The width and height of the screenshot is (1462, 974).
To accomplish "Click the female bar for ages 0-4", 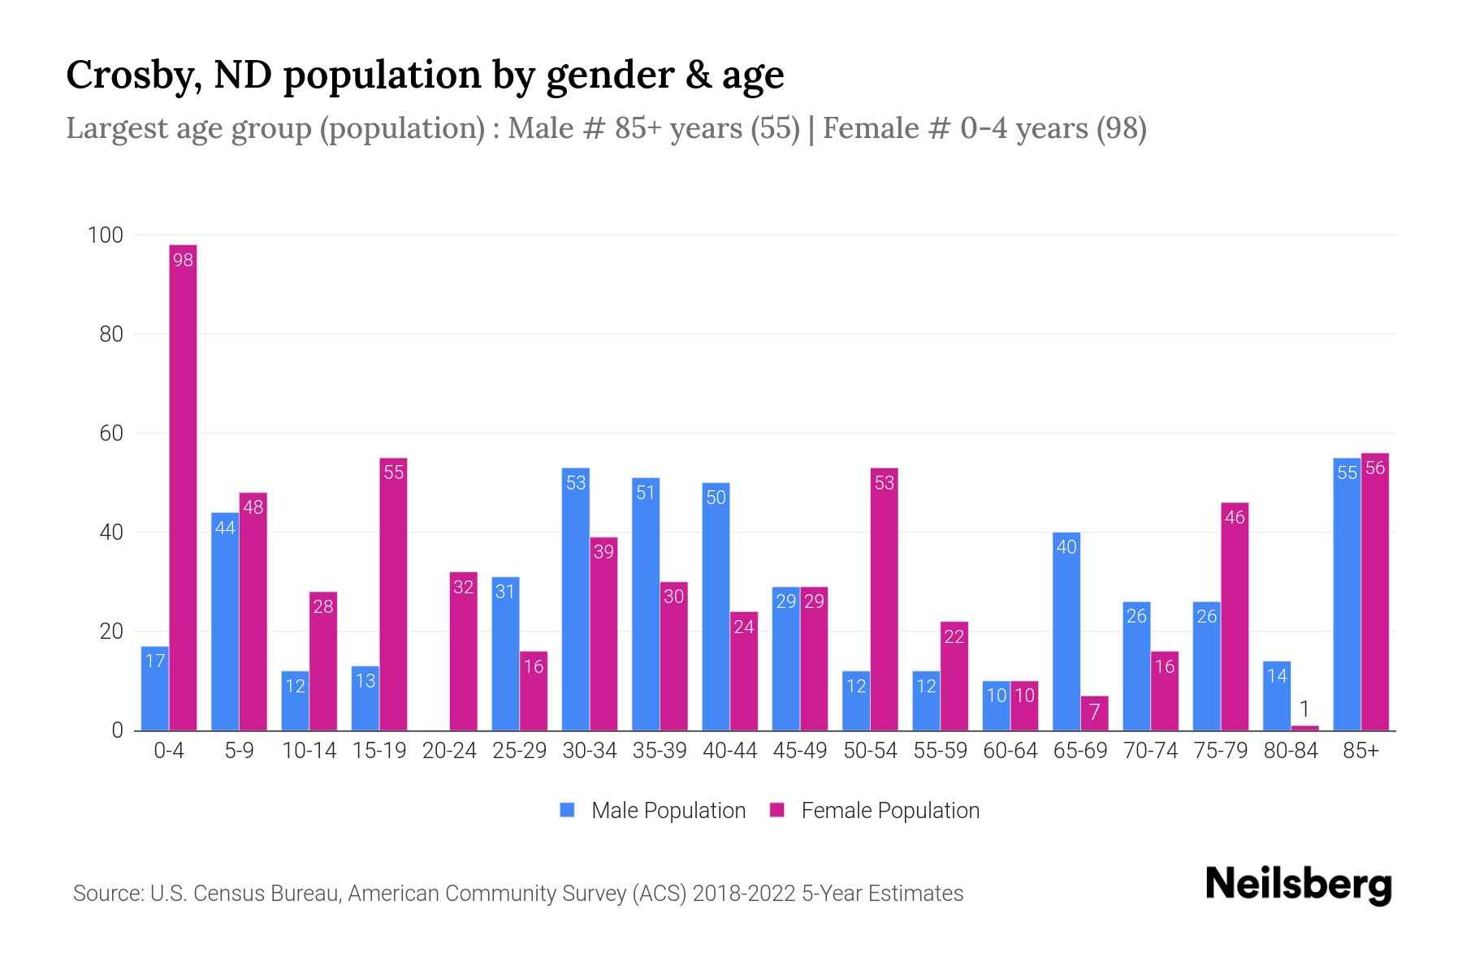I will (x=183, y=487).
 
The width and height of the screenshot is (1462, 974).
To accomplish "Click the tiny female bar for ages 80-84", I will (x=1304, y=727).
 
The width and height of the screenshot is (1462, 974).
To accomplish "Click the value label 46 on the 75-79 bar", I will (x=1235, y=518).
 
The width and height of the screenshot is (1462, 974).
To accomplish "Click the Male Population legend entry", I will (x=653, y=811).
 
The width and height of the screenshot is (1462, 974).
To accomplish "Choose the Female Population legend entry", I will (x=875, y=811).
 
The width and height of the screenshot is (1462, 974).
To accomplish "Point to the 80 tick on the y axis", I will (x=106, y=334).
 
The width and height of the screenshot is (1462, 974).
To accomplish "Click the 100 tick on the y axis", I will (x=105, y=235).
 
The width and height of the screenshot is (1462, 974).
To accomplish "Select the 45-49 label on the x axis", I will (x=800, y=751).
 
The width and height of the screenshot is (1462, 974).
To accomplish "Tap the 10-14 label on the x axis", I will (x=309, y=751).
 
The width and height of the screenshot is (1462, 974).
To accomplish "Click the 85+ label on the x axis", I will (x=1360, y=751).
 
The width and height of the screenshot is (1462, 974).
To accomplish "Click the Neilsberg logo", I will (x=1298, y=885).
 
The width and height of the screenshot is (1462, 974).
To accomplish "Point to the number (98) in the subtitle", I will (x=1121, y=128).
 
